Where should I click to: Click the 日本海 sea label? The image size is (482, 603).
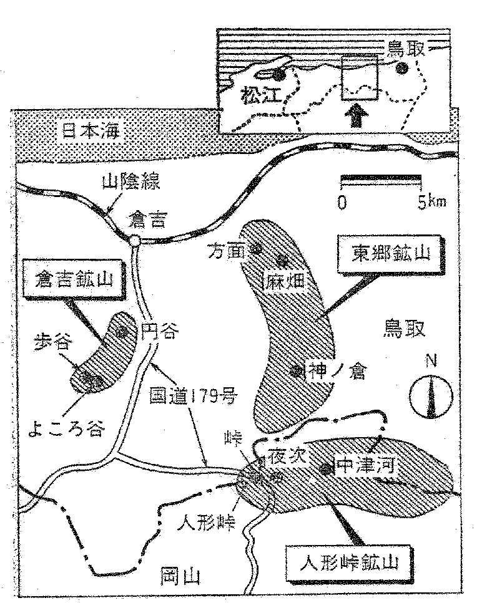[x=92, y=131]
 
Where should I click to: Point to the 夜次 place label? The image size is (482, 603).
[x=284, y=456]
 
